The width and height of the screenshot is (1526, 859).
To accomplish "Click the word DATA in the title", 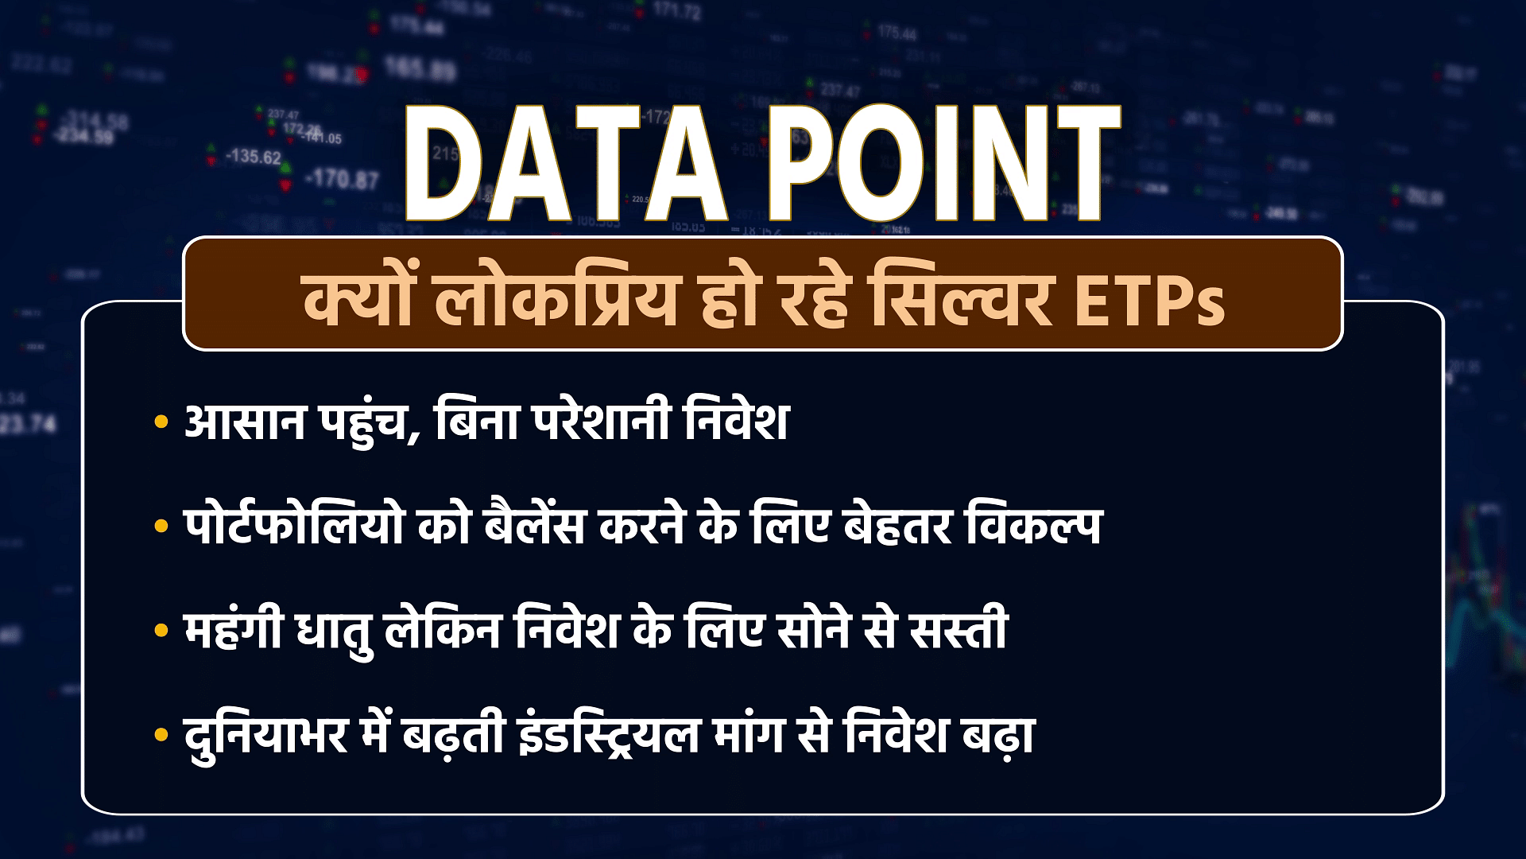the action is [567, 165].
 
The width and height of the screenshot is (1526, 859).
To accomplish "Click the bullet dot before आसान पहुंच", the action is [162, 422].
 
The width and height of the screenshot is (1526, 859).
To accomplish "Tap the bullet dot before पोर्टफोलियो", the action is [162, 527].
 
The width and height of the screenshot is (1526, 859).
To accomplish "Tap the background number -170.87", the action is [343, 180].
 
